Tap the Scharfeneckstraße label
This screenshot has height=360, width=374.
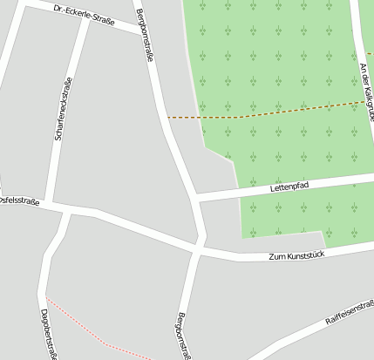click(x=62, y=109)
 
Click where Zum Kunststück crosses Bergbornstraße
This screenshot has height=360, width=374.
click(x=201, y=246)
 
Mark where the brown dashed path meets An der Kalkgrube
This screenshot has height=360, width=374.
click(x=365, y=102)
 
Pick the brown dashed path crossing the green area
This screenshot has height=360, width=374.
click(x=262, y=112)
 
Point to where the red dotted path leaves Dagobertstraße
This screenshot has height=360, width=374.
click(x=46, y=299)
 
